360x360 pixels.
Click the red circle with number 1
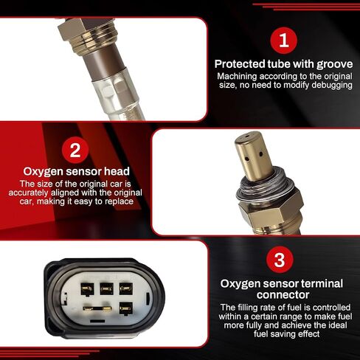coord(284,41)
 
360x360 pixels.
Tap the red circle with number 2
coord(75,150)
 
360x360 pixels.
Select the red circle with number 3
coord(280,260)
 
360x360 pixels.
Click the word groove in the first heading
coord(334,65)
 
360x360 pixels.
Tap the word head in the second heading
coord(117,171)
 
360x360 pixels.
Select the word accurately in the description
coord(28,193)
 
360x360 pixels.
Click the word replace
coord(119,201)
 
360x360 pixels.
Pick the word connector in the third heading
coord(283,294)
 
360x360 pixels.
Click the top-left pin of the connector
coord(87,289)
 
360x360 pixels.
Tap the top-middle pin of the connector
coord(107,288)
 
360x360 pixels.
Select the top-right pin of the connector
coord(126,288)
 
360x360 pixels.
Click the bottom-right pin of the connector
coord(126,308)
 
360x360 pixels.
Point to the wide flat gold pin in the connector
coord(97,308)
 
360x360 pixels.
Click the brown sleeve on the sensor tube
coord(104,64)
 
